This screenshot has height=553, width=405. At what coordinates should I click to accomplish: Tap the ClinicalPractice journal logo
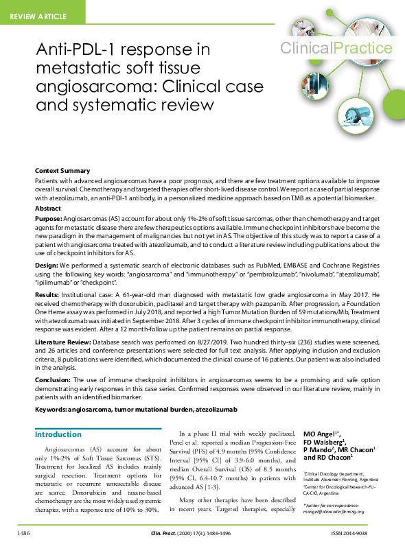[336, 48]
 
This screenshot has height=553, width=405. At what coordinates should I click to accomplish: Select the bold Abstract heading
[48, 207]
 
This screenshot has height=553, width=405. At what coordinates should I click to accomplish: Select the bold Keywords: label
[54, 410]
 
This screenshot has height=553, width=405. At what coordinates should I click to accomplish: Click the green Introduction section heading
[58, 434]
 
